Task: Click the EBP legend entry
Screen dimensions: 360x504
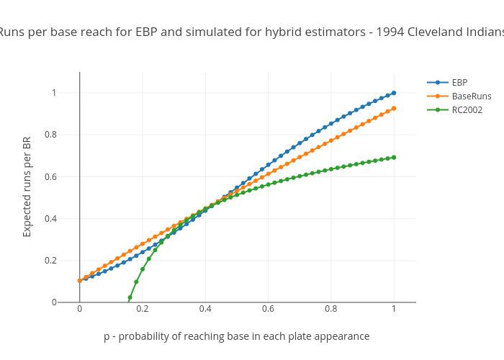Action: pyautogui.click(x=459, y=82)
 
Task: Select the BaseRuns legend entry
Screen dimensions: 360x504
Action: pyautogui.click(x=471, y=96)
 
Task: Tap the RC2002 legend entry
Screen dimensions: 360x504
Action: pyautogui.click(x=467, y=110)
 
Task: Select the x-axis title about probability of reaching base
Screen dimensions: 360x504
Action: pyautogui.click(x=236, y=336)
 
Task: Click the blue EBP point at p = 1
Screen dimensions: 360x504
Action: pyautogui.click(x=394, y=93)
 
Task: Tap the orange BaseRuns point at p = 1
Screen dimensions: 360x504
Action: pyautogui.click(x=394, y=108)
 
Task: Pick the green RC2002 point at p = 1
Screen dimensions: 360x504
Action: pyautogui.click(x=394, y=157)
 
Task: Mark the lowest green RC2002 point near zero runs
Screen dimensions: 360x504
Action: pyautogui.click(x=130, y=298)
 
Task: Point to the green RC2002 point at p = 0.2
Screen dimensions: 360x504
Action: pyautogui.click(x=143, y=269)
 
